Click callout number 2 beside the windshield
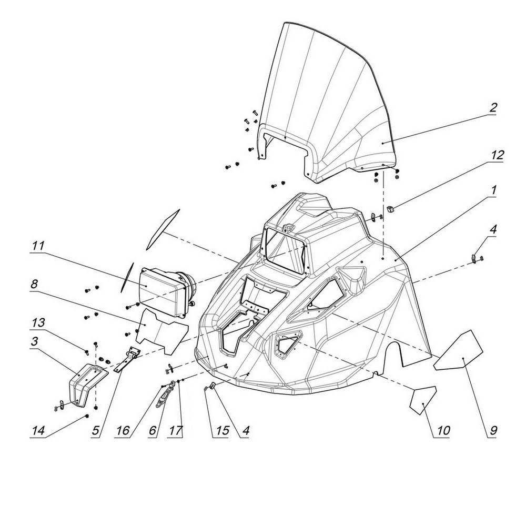click(x=492, y=108)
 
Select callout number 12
click(x=498, y=155)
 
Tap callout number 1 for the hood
click(x=493, y=190)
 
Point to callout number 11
click(x=37, y=246)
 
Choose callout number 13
click(x=38, y=323)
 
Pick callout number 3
click(x=34, y=342)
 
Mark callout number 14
click(x=38, y=431)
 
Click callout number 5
click(x=96, y=431)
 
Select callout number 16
click(x=123, y=431)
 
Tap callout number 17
click(x=176, y=431)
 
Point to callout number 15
click(x=222, y=431)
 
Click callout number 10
click(x=443, y=431)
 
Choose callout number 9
click(x=493, y=431)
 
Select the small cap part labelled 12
click(x=390, y=209)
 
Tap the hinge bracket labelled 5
click(x=127, y=359)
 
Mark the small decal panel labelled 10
click(x=423, y=400)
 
